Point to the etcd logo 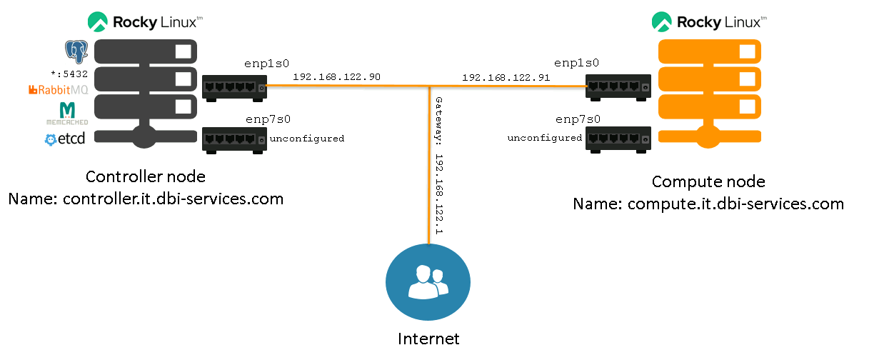coord(65,139)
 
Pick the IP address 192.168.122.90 coord(336,76)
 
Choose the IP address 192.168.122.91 coord(506,77)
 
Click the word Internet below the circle coord(428,338)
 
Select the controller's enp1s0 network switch coord(234,86)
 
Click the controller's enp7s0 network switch coord(234,138)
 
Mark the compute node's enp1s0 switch coord(618,86)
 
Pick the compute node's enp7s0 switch coord(618,138)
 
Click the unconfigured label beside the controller coord(308,139)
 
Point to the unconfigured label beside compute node coord(545,138)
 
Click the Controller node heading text coord(145,177)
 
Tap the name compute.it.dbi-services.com coord(735,204)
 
